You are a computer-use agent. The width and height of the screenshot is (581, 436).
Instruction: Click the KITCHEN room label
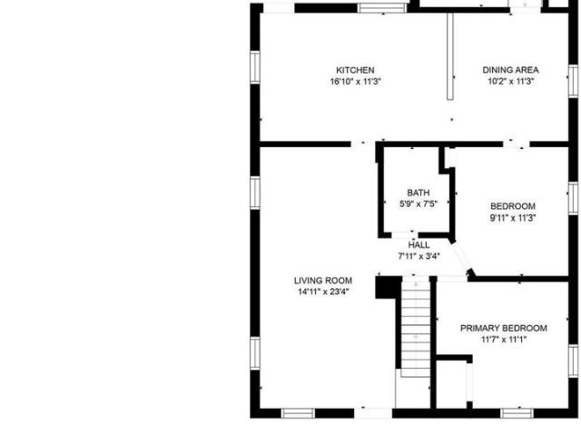355,70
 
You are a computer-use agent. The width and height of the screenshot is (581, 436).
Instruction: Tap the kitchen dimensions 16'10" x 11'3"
355,82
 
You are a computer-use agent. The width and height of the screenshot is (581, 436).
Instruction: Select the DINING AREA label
510,70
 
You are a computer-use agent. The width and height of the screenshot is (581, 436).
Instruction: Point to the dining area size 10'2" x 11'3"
510,82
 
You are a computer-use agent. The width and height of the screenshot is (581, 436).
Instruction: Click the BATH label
419,193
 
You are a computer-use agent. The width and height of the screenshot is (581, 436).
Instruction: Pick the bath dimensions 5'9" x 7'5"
419,203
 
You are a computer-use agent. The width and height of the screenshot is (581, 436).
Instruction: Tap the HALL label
419,245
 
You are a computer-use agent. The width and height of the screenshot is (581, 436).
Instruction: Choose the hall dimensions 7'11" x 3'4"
419,256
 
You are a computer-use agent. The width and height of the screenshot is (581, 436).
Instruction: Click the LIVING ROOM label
323,281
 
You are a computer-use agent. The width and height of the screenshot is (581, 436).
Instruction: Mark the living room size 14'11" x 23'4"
323,292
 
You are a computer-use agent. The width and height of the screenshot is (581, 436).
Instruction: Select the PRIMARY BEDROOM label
504,328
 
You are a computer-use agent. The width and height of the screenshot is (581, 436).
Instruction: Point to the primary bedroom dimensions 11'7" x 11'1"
504,340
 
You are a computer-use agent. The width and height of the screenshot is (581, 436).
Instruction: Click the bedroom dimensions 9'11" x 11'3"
513,218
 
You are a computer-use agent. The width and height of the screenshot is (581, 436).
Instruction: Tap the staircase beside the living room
416,328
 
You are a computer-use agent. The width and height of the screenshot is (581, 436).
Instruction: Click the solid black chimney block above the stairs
389,287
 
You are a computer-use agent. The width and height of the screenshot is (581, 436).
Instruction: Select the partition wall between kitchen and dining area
450,56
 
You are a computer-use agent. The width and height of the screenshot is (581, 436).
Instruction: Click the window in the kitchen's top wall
382,8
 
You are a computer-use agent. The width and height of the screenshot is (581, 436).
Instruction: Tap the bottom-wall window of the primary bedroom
517,413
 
